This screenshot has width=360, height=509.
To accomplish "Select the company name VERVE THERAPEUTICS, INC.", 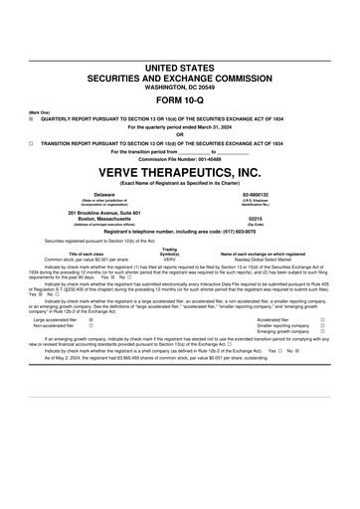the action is click(180, 173).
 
